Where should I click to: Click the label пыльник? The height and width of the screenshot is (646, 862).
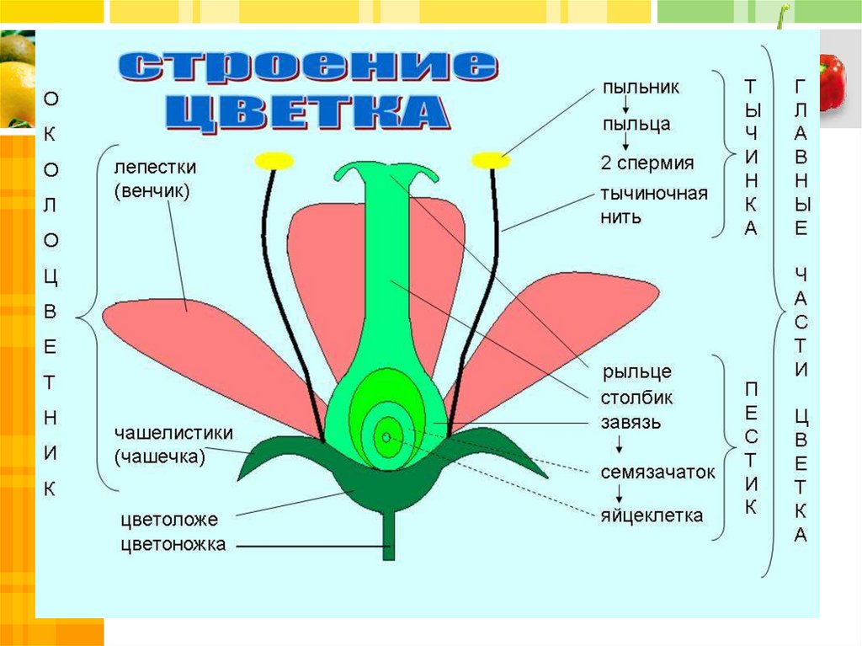point(641,87)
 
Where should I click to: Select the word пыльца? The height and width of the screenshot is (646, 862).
point(636,125)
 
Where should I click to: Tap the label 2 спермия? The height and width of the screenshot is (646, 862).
point(647,163)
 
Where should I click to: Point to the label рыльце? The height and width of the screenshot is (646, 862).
point(636,371)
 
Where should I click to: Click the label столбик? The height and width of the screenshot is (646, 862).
point(637,397)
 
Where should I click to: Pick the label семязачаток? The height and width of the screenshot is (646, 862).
point(657,472)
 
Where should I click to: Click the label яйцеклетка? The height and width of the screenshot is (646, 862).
point(652,515)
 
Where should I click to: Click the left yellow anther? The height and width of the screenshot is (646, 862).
point(274,160)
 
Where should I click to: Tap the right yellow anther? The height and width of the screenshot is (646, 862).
point(491,159)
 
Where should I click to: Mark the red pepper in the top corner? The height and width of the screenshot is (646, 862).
point(832,81)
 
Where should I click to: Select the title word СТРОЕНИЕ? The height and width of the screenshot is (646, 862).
point(306,67)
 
